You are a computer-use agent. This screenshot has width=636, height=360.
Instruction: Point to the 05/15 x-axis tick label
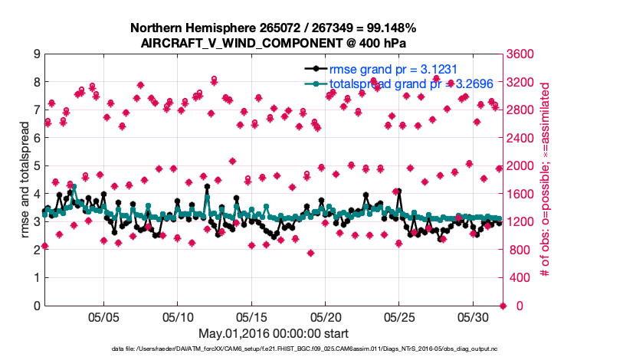(251, 316)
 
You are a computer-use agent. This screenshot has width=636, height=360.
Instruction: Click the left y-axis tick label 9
(37, 54)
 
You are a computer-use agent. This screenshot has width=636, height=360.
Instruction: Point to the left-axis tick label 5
(37, 166)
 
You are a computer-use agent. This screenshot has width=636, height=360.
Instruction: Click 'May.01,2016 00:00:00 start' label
(274, 334)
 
